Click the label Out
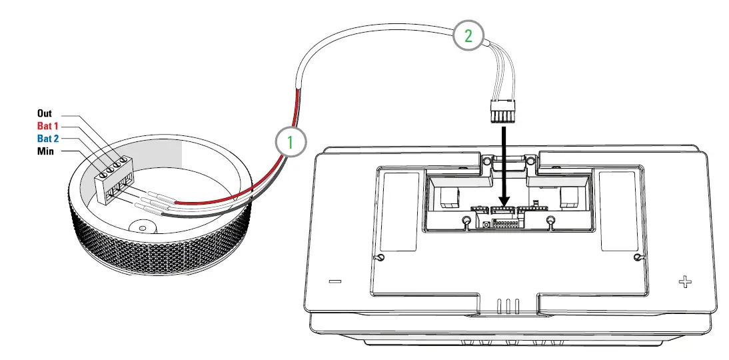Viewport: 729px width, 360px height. [45, 114]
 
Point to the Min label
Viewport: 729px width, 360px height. [45, 151]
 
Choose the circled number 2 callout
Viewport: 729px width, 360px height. [468, 36]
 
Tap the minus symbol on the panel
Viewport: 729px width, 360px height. [335, 281]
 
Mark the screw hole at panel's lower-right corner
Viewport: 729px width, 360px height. [638, 258]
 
